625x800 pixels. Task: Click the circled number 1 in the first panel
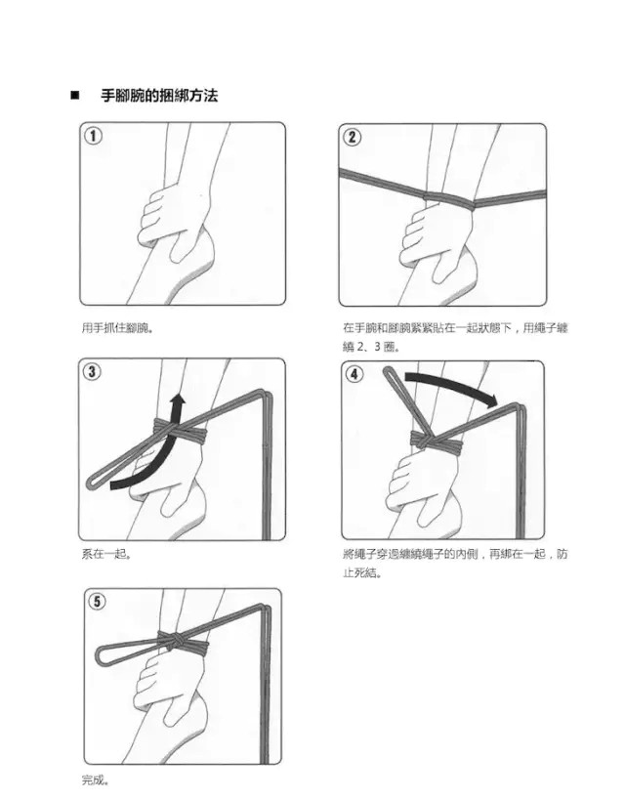pyautogui.click(x=93, y=136)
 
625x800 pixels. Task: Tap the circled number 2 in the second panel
pyautogui.click(x=352, y=137)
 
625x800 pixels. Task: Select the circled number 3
pyautogui.click(x=92, y=371)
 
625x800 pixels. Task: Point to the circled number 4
pyautogui.click(x=354, y=374)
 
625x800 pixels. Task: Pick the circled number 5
pyautogui.click(x=97, y=602)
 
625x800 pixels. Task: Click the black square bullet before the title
pyautogui.click(x=75, y=96)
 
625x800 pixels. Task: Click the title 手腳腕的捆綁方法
pyautogui.click(x=159, y=96)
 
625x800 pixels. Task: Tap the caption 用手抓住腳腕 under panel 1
pyautogui.click(x=117, y=327)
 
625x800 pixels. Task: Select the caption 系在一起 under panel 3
pyautogui.click(x=106, y=554)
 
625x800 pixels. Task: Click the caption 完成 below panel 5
pyautogui.click(x=95, y=779)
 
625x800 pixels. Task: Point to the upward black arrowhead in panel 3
pyautogui.click(x=178, y=401)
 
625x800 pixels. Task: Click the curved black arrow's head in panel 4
pyautogui.click(x=491, y=400)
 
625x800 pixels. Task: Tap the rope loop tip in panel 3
pyautogui.click(x=91, y=482)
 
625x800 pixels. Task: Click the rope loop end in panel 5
pyautogui.click(x=100, y=655)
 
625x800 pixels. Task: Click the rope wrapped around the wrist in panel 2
pyautogui.click(x=449, y=199)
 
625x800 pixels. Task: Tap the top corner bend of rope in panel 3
pyautogui.click(x=266, y=395)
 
